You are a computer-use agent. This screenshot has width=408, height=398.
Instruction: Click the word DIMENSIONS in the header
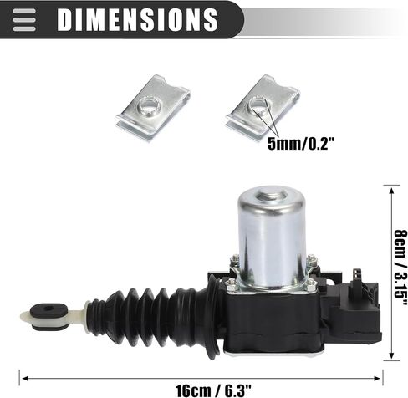click(137, 19)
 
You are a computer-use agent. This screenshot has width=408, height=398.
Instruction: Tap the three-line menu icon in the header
click(24, 20)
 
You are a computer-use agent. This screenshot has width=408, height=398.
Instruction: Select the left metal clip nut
click(153, 108)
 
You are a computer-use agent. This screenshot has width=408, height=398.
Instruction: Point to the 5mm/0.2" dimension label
click(301, 144)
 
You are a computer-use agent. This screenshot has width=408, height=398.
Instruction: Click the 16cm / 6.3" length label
click(213, 390)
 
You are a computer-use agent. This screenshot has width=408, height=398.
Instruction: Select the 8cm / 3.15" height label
click(400, 268)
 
